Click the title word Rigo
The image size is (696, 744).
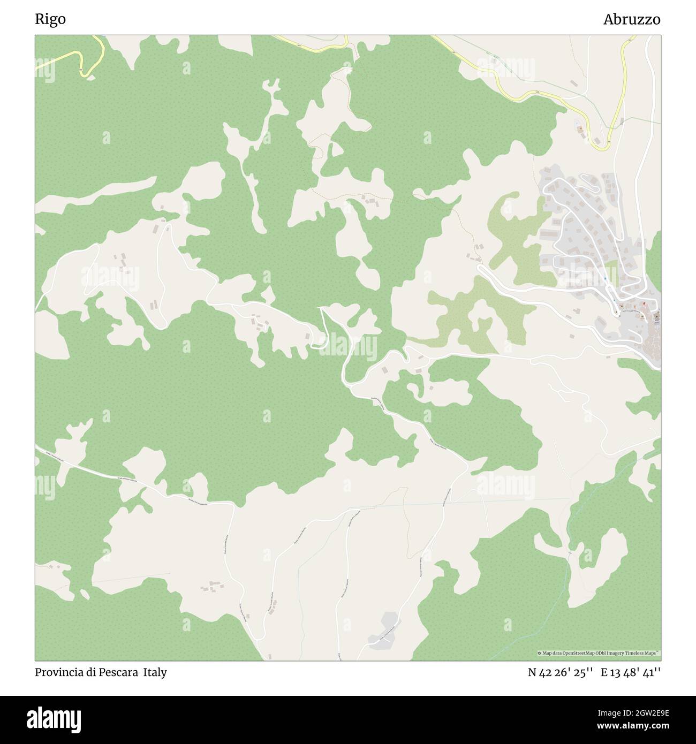click(x=50, y=19)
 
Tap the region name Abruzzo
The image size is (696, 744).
click(x=631, y=19)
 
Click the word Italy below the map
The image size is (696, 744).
click(x=155, y=672)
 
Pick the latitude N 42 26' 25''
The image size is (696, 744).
click(x=560, y=672)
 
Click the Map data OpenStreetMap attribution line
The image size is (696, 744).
click(x=598, y=653)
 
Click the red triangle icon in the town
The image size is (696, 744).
click(x=652, y=305)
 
